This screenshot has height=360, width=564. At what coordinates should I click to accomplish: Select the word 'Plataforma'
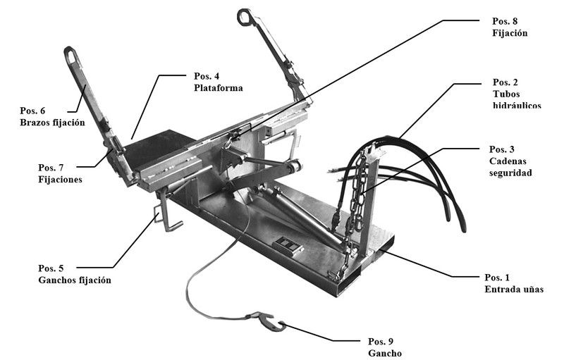tap(219, 88)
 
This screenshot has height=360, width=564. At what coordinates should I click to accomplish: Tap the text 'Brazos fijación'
tap(52, 123)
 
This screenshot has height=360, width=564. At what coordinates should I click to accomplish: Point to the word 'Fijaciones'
tap(60, 180)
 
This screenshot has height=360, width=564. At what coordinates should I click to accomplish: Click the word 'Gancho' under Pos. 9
tap(384, 352)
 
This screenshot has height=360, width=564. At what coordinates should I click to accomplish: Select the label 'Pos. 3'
tap(504, 149)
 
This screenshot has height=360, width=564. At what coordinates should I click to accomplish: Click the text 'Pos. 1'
tap(498, 277)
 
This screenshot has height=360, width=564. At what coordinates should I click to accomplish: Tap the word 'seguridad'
tap(513, 173)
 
